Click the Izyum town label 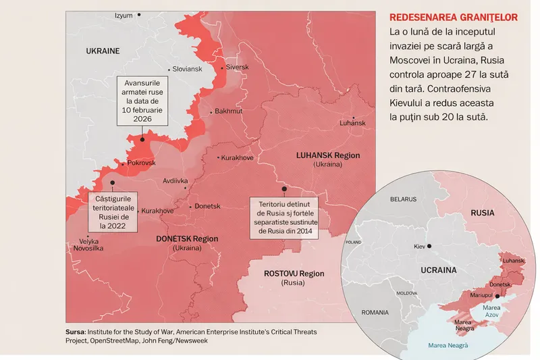[x=124, y=15]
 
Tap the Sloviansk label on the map [x=187, y=69]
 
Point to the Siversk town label [x=237, y=68]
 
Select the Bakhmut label [x=228, y=111]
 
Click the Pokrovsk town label [x=141, y=163]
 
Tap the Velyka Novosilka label [x=88, y=245]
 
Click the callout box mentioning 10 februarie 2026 [x=142, y=101]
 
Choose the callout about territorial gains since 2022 [x=112, y=213]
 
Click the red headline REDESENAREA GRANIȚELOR [x=454, y=17]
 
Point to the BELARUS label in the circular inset [x=404, y=200]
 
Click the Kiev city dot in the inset [x=429, y=246]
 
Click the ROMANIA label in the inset [x=375, y=313]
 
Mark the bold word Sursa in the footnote [x=75, y=332]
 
